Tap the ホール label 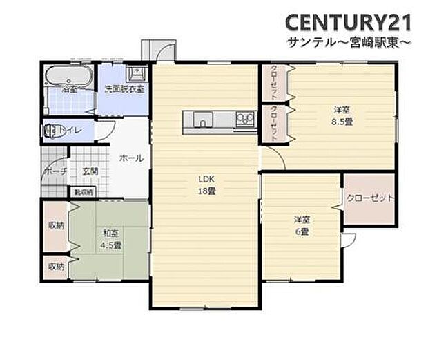point(131,158)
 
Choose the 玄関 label point(90,171)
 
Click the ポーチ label point(55,171)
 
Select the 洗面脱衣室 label point(124,89)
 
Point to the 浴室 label point(70,89)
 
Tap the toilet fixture point(55,130)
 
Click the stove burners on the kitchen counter point(244,119)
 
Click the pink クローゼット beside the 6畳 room point(369,198)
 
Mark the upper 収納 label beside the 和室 point(55,225)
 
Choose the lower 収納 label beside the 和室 point(55,266)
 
